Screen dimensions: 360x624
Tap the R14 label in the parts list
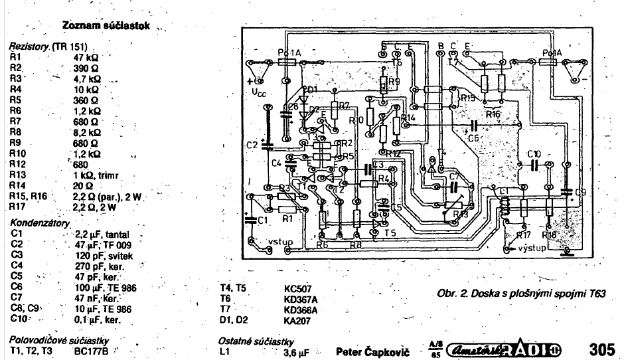pyautogui.click(x=19, y=185)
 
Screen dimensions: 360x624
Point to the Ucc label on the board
pyautogui.click(x=260, y=94)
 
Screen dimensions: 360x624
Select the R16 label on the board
pyautogui.click(x=493, y=114)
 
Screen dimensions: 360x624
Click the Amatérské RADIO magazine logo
pyautogui.click(x=504, y=348)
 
